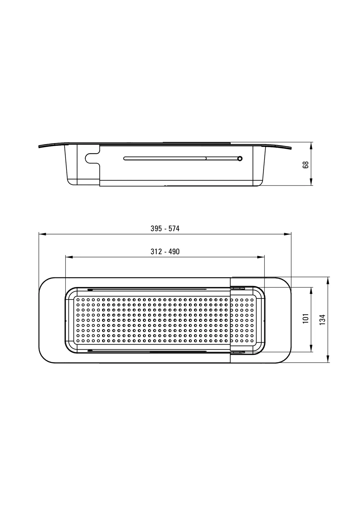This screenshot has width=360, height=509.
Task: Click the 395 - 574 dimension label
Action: [165, 228]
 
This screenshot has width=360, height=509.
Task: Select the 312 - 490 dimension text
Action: [165, 252]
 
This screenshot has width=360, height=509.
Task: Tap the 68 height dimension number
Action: [306, 164]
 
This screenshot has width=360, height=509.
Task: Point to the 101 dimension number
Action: [306, 318]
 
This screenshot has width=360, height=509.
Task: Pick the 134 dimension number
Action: [322, 319]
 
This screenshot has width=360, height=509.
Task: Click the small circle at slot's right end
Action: [240, 158]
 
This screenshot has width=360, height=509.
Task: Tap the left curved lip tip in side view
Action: [39, 147]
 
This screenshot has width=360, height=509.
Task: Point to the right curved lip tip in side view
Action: [291, 148]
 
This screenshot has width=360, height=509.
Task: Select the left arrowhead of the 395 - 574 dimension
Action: [42, 234]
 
